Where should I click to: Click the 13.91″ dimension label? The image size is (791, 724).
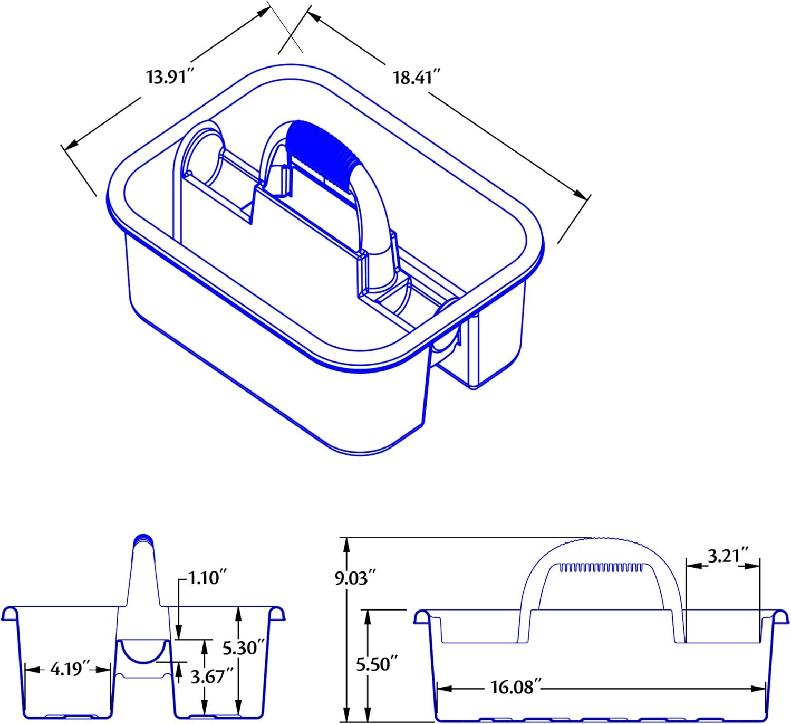pos(171,76)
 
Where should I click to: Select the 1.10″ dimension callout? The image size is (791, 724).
pos(207,578)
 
